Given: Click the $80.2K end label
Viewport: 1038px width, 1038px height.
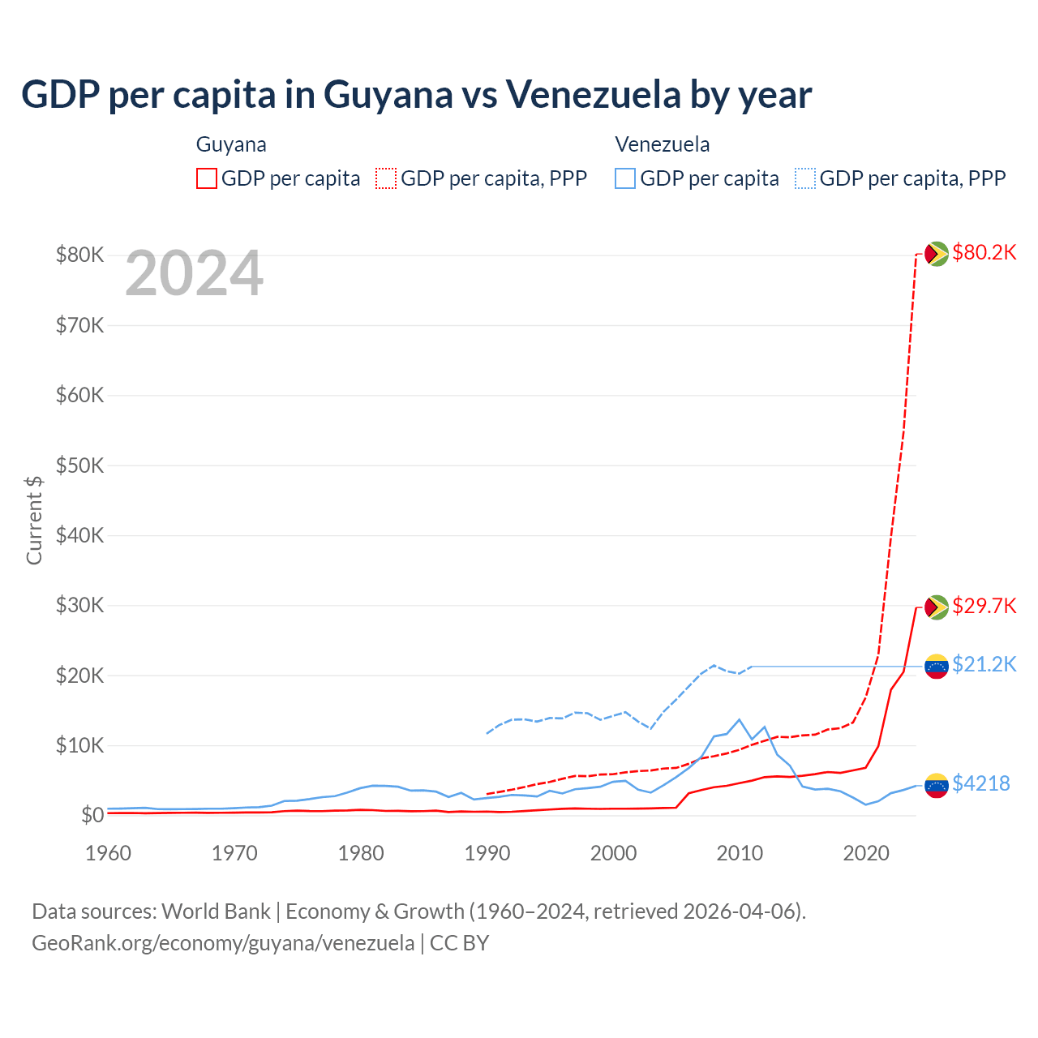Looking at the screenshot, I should [984, 252].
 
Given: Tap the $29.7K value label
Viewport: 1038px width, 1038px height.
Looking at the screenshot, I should [984, 606].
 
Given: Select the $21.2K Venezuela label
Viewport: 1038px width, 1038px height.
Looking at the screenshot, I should [984, 664].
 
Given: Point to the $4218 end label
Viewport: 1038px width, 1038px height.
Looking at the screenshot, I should [980, 783].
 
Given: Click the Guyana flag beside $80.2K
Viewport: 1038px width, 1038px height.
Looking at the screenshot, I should [937, 254].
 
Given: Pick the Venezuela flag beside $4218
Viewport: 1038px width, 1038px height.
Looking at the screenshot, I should [937, 785].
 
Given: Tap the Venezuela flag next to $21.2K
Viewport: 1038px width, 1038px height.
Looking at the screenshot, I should [937, 666].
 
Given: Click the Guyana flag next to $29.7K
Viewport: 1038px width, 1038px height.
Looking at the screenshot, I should [937, 607].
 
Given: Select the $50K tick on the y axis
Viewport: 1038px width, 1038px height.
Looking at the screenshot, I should [79, 465].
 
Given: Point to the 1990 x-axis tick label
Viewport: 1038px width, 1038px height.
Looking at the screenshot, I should [487, 853].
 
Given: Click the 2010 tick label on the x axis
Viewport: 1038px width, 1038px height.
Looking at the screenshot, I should [740, 853].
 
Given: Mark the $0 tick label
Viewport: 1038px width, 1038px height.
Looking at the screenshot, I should [92, 815].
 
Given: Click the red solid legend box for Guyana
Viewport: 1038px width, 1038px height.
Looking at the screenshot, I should [207, 178].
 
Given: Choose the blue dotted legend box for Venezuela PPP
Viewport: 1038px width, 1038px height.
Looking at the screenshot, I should [805, 178].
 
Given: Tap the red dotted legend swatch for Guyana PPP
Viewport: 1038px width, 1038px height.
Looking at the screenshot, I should [386, 178].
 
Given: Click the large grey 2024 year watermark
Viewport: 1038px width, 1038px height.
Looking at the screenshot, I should [194, 274].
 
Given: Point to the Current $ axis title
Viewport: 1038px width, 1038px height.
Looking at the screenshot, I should [34, 520].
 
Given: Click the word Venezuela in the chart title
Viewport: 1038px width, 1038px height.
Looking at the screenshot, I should [594, 94].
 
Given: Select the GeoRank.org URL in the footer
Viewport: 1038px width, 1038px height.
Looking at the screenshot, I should [223, 943].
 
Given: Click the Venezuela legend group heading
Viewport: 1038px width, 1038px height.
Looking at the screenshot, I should [662, 144].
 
